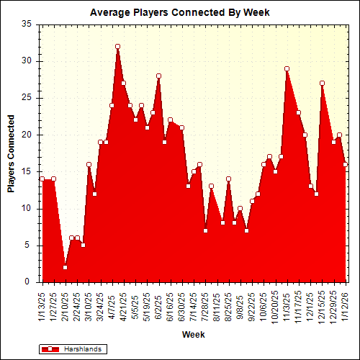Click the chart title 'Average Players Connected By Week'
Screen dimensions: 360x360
[180, 12]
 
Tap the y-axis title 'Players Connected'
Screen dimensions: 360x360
[11, 153]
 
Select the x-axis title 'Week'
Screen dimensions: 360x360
[192, 335]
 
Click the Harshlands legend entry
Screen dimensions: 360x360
[72, 349]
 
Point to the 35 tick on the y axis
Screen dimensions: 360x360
[27, 24]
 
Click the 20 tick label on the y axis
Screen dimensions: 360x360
[27, 135]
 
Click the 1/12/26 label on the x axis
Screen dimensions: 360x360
[345, 304]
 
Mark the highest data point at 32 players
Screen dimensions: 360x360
[117, 46]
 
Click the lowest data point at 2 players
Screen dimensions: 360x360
[65, 268]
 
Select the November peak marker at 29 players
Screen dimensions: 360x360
[287, 68]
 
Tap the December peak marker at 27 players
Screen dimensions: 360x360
[322, 83]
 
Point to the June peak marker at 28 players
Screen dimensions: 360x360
[158, 76]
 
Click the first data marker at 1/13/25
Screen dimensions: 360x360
[42, 179]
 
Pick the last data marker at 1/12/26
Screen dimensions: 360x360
[345, 164]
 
